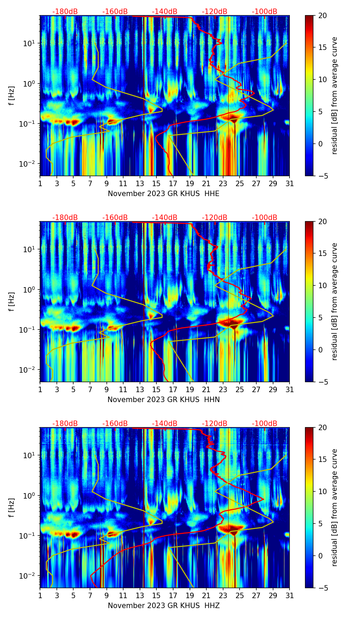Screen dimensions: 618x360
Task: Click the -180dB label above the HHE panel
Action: tap(65, 12)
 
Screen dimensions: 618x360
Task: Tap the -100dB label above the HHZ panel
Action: tap(265, 424)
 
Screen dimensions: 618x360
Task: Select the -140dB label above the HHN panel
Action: tap(165, 218)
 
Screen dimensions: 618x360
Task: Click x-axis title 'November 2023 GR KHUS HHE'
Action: tap(164, 194)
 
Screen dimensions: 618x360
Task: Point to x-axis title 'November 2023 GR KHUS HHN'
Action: tap(164, 400)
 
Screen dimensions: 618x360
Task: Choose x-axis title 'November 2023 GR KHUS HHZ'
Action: tap(164, 606)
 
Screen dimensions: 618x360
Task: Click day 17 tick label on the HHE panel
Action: tap(173, 183)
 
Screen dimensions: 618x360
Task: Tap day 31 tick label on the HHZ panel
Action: tap(290, 595)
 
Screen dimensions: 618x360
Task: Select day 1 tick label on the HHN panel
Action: tap(40, 389)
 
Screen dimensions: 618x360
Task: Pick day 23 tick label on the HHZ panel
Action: tap(223, 595)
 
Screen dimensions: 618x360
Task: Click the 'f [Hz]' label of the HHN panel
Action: tap(12, 301)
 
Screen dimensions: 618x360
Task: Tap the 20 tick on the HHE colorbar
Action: tap(323, 15)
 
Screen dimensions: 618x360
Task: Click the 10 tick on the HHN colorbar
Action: tap(323, 285)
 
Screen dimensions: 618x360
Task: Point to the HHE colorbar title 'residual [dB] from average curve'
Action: tap(334, 95)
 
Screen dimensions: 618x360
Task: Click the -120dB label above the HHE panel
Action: tap(215, 12)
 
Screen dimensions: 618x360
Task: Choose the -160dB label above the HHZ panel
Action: tap(115, 424)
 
